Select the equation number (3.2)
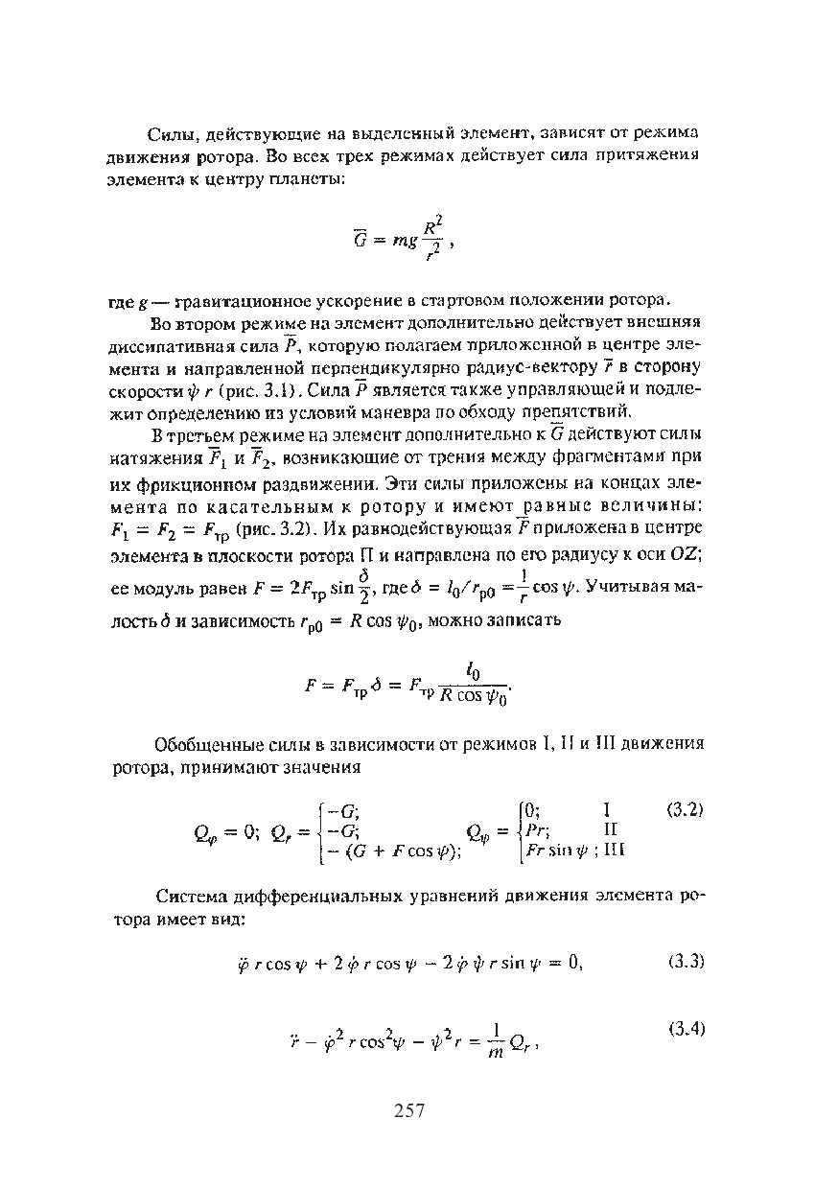(685, 808)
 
